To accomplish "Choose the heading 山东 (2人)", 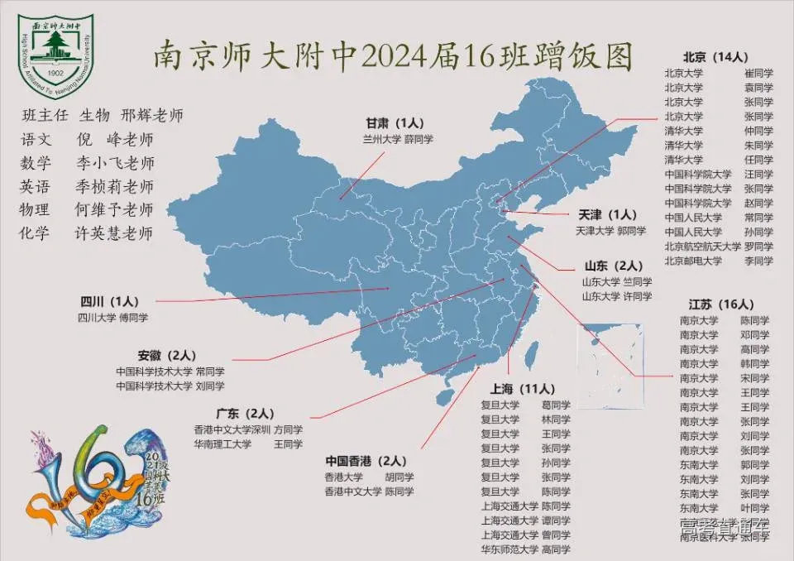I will [613, 266].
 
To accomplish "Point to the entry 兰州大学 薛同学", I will [397, 140].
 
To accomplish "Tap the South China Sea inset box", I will [611, 364].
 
